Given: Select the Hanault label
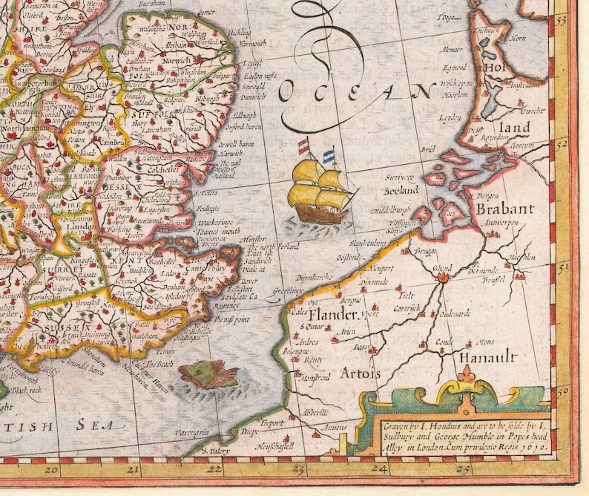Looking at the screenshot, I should [487, 357].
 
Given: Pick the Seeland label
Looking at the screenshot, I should [401, 191].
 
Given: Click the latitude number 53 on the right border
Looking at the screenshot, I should [562, 22].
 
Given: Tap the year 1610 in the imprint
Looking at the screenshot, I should [531, 448].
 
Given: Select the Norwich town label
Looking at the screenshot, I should [178, 59].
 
